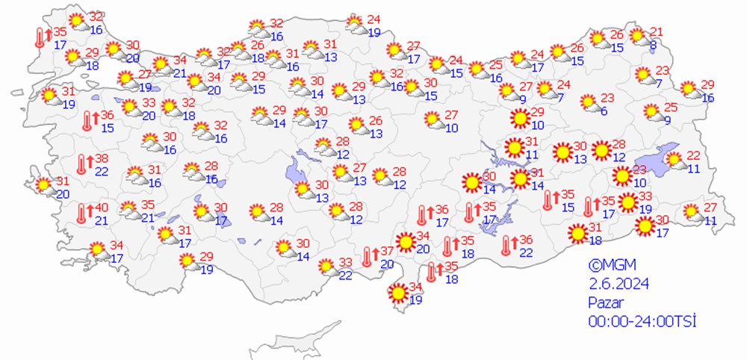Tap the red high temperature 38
pos(101,159)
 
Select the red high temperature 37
pos(387,251)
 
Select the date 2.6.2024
pos(619,284)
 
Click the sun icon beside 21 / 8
pos(637,36)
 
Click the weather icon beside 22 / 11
pos(674,160)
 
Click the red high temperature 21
pos(656,31)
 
